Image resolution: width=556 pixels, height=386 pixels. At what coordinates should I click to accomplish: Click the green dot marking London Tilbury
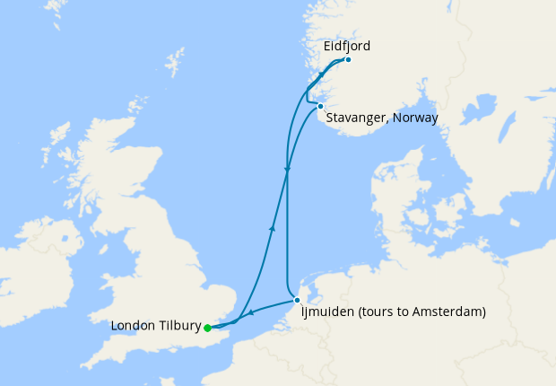(x=207, y=328)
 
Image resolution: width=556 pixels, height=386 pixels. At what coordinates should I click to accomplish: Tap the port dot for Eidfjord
(x=347, y=60)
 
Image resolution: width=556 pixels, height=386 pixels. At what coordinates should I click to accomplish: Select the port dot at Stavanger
(x=320, y=106)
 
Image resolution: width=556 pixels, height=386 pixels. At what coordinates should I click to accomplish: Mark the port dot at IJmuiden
(x=297, y=300)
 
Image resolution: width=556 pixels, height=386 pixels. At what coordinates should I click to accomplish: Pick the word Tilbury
(x=178, y=326)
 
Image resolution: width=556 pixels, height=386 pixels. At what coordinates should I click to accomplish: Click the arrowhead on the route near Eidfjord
(x=319, y=76)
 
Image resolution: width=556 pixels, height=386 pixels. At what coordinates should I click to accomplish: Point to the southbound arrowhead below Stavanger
(x=286, y=170)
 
